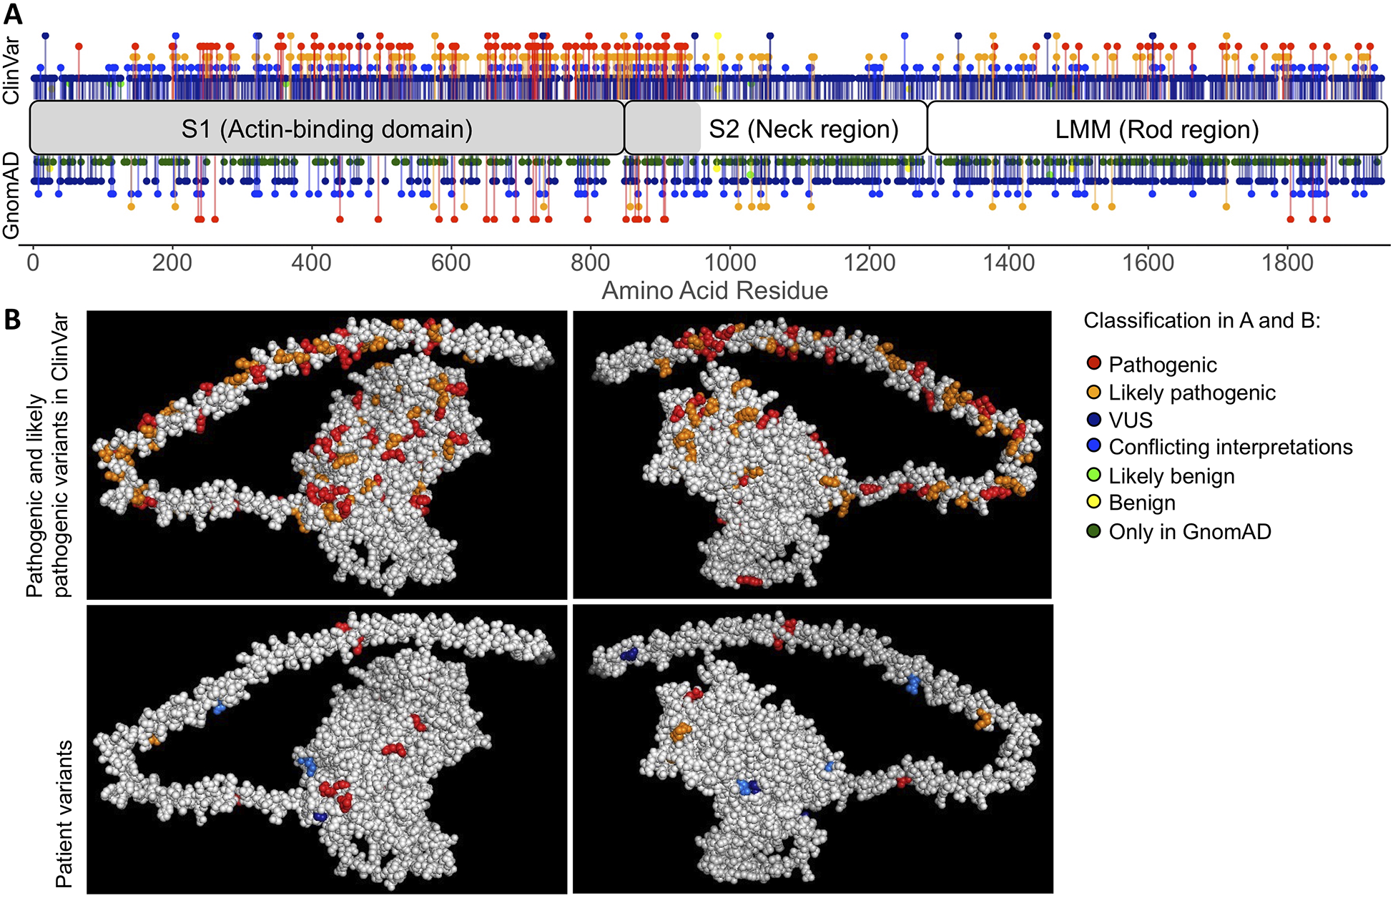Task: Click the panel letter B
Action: click(x=12, y=320)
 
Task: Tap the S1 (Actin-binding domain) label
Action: click(x=327, y=129)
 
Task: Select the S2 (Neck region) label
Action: click(x=803, y=129)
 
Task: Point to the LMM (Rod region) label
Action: click(x=1156, y=129)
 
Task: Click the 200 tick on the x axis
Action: click(x=172, y=262)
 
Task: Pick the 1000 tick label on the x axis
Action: click(x=730, y=262)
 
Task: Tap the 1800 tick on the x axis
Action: click(x=1288, y=262)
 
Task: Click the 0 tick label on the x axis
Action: click(x=33, y=262)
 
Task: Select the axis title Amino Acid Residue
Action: click(x=714, y=291)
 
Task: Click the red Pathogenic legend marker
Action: click(x=1093, y=364)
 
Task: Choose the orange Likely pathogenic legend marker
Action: click(x=1093, y=392)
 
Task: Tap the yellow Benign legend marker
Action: click(x=1093, y=503)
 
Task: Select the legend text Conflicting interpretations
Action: click(x=1230, y=448)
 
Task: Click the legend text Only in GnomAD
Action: click(x=1189, y=531)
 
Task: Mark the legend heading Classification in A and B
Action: click(x=1201, y=320)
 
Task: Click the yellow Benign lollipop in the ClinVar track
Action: click(x=718, y=36)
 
